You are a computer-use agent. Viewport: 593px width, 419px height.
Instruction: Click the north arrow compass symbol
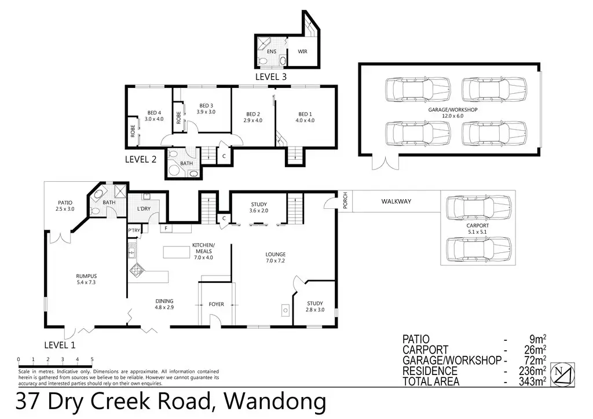point(562,374)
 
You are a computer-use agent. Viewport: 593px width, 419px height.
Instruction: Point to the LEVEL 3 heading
point(271,77)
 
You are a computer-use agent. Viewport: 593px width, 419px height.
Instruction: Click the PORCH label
point(345,201)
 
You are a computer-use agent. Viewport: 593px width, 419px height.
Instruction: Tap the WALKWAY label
point(396,201)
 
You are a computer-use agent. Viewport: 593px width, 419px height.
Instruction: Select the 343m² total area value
point(532,381)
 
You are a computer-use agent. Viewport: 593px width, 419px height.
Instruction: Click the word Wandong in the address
point(275,401)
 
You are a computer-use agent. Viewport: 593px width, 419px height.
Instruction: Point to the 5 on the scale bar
point(92,359)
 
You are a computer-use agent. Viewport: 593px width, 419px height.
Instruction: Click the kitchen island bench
point(176,252)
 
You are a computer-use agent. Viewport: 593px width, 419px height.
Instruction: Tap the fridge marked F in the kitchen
point(166,228)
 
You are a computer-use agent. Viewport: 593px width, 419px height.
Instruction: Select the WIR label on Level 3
point(302,52)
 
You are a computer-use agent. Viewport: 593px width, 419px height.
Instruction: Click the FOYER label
point(217,304)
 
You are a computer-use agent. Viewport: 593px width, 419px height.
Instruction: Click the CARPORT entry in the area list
point(425,350)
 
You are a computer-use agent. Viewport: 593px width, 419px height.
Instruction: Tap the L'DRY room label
point(144,208)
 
